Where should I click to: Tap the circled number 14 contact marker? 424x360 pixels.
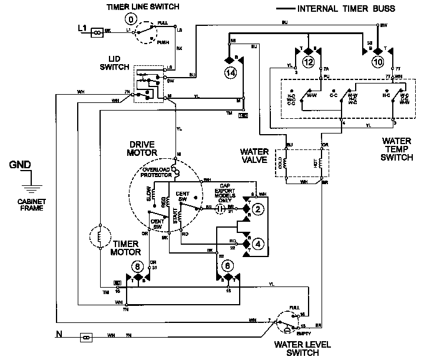(229, 74)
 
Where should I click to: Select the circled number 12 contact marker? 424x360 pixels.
(308, 62)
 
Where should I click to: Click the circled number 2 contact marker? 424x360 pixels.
(257, 209)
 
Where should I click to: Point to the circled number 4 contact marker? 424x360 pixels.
(257, 242)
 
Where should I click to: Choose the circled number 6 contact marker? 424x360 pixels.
(227, 265)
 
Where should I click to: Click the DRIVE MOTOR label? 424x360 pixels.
(142, 148)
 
